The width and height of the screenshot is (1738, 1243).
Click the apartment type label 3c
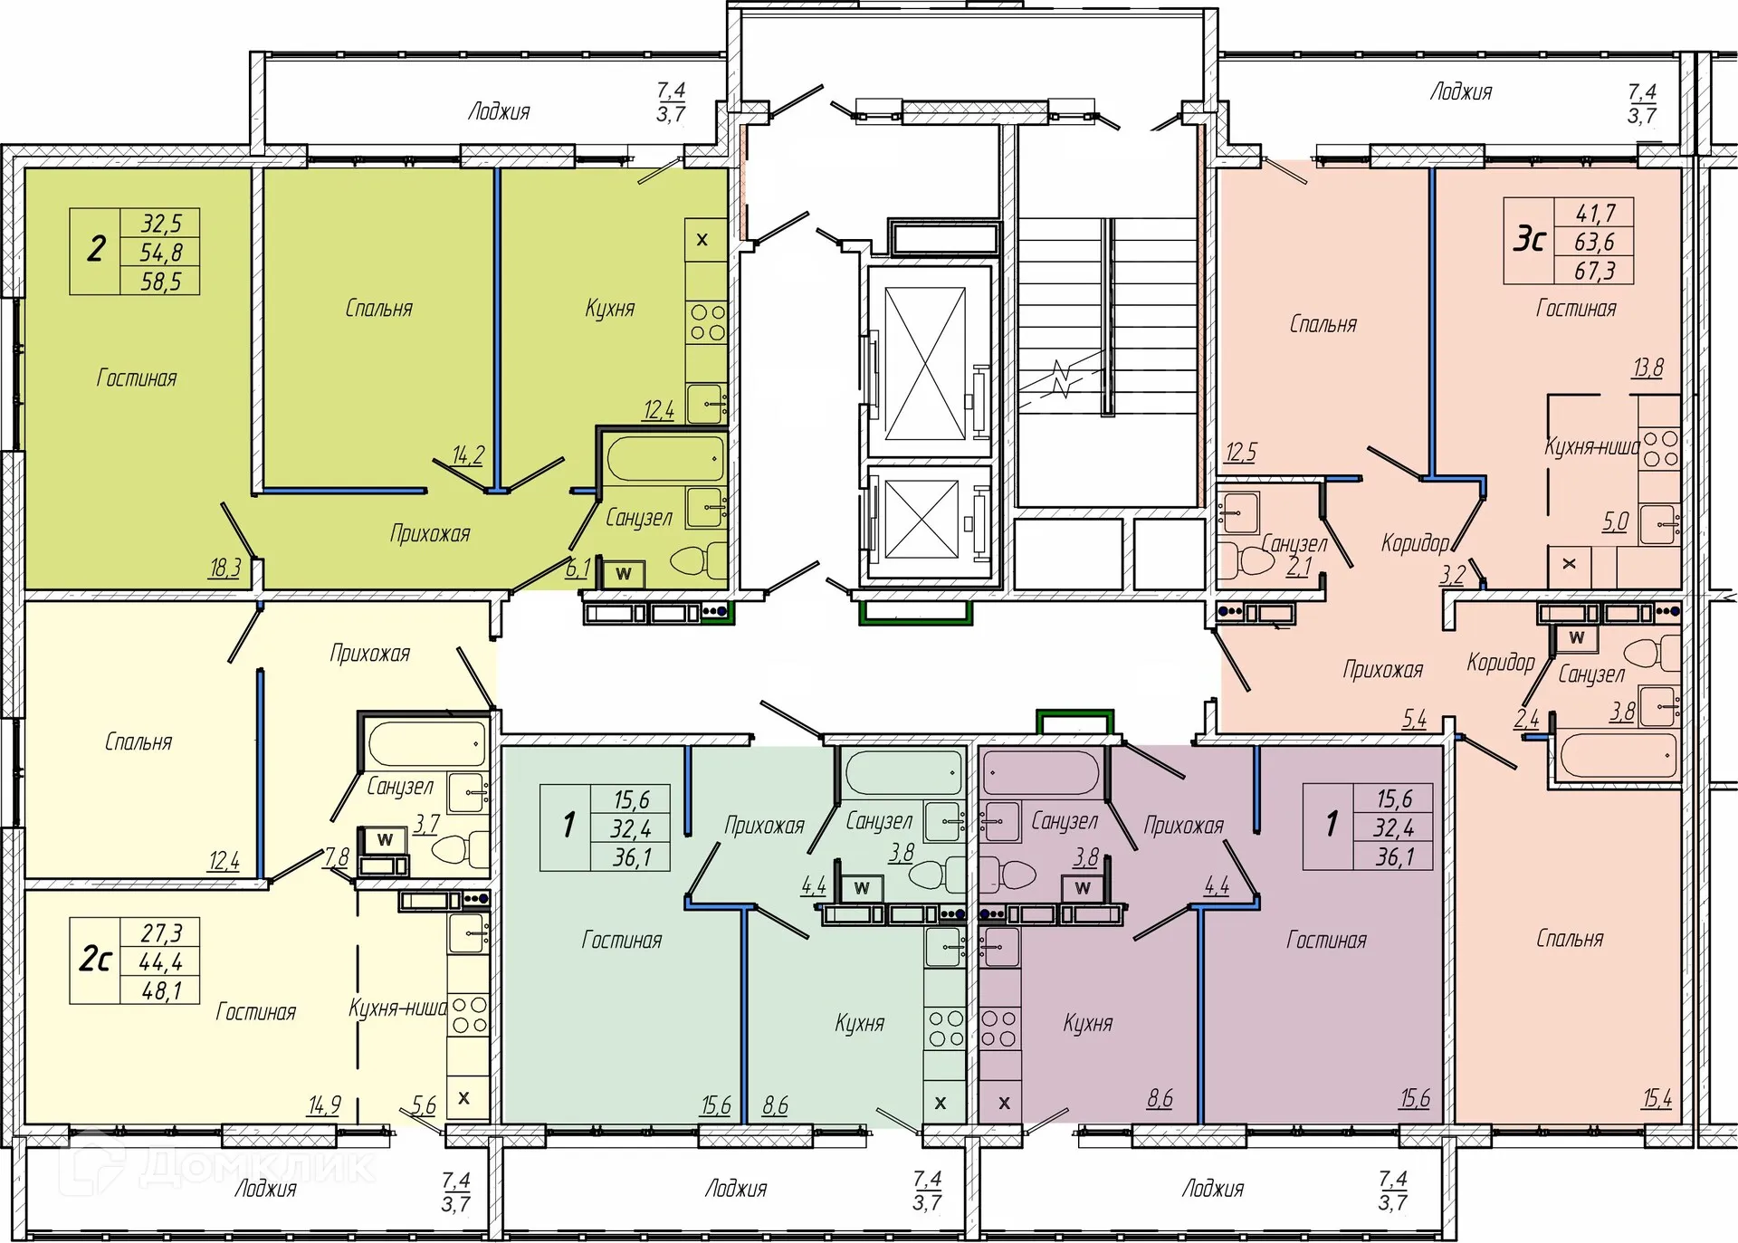click(1529, 240)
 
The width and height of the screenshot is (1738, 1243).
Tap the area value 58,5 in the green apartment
click(160, 282)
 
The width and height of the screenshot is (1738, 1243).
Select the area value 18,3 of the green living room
click(225, 568)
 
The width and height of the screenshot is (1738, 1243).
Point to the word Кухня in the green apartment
click(609, 309)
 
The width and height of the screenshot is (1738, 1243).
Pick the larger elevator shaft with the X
click(925, 363)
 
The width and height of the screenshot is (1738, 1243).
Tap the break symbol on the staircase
click(1063, 378)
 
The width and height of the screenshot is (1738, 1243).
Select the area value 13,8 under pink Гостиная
click(1647, 368)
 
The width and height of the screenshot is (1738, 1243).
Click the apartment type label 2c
click(95, 960)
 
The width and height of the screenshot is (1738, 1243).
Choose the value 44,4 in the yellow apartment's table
click(160, 961)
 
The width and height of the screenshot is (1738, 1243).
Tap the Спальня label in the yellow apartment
click(138, 742)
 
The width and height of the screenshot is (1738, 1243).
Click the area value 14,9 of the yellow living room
click(324, 1105)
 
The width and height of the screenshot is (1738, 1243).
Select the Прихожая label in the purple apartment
click(1184, 826)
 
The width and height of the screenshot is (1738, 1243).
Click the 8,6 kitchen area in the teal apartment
click(776, 1105)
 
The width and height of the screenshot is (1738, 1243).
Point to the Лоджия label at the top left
click(499, 112)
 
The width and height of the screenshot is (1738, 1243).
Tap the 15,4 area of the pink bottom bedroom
click(1657, 1098)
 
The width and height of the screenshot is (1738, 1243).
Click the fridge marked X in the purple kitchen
click(1004, 1104)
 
